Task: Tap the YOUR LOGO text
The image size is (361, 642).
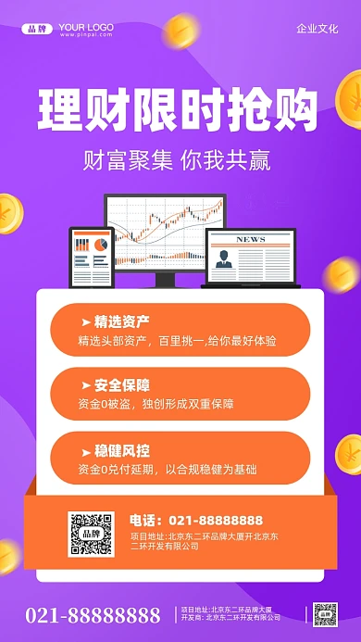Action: [86, 28]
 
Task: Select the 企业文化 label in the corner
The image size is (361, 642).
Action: [317, 29]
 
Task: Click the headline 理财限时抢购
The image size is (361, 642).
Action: [178, 110]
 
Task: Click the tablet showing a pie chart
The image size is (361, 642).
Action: [91, 257]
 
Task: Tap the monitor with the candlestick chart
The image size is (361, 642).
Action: [165, 230]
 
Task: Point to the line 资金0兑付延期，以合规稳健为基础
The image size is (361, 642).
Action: [168, 469]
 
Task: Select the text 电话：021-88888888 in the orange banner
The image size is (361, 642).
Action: [196, 520]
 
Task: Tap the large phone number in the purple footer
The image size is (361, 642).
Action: [93, 616]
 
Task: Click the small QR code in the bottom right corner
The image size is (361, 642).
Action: [325, 615]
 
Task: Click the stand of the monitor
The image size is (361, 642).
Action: [165, 278]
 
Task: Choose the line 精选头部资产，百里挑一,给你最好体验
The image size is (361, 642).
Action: [178, 341]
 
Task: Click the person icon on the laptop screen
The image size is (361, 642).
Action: [224, 258]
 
